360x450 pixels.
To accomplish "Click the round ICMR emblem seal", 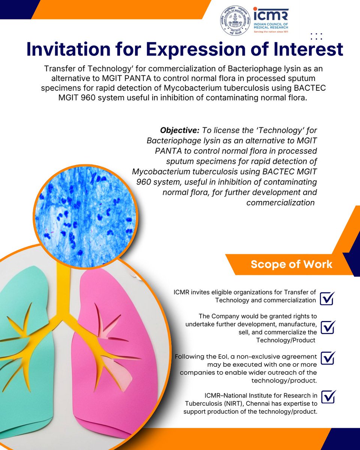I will pyautogui.click(x=235, y=21).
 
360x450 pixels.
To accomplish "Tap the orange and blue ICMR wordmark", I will pyautogui.click(x=270, y=14).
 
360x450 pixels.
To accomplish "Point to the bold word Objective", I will pyautogui.click(x=179, y=130).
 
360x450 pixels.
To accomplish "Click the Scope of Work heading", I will pyautogui.click(x=291, y=264).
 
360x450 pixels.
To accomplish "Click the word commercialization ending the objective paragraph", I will pyautogui.click(x=280, y=202).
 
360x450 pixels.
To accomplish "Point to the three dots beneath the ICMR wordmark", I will pyautogui.click(x=316, y=36).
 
